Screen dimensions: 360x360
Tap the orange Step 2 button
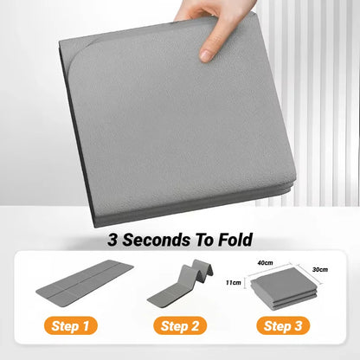pos(180,327)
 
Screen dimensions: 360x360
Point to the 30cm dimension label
pos(319,269)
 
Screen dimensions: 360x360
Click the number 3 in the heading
pos(112,239)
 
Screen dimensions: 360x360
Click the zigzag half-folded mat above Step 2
pos(180,286)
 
